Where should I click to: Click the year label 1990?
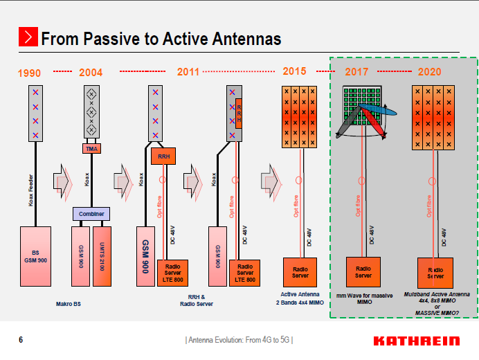(x=30, y=72)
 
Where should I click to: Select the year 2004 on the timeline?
(x=91, y=72)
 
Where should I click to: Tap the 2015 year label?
(x=294, y=71)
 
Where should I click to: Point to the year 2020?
(x=430, y=72)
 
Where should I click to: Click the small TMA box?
(x=91, y=148)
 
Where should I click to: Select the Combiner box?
(x=91, y=214)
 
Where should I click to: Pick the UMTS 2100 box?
(x=102, y=255)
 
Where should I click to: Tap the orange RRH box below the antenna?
(x=163, y=156)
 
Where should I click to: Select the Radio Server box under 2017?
(x=363, y=271)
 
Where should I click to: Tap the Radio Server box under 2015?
(x=300, y=271)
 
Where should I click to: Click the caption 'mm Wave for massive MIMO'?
(x=364, y=298)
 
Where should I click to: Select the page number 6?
(x=21, y=340)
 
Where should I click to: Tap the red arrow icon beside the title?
(x=28, y=37)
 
